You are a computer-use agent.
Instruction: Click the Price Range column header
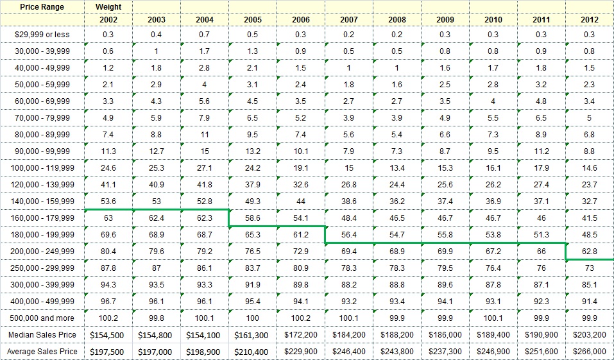tap(42, 7)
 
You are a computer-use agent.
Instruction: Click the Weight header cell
tap(108, 7)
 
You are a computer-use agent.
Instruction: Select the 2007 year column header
tap(349, 20)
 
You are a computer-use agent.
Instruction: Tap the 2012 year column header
tap(589, 20)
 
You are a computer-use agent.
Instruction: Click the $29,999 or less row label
tap(42, 35)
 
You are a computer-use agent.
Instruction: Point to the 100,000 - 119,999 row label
tap(42, 168)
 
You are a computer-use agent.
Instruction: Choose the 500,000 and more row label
tap(42, 318)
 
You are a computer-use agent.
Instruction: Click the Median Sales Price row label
tap(42, 335)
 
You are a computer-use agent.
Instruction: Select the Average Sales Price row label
tap(42, 352)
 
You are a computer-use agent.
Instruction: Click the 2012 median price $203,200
tap(589, 335)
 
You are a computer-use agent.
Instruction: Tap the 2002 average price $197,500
tap(108, 352)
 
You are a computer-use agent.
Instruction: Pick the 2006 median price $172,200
tap(301, 335)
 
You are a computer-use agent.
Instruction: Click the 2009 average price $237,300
tap(445, 352)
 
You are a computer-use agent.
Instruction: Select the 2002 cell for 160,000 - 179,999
tap(108, 218)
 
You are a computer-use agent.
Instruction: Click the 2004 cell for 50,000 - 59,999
tap(205, 85)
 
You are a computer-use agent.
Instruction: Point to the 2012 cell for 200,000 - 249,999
tap(589, 252)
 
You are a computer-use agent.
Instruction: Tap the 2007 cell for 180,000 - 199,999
tap(349, 235)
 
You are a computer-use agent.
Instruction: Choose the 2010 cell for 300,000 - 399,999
tap(493, 285)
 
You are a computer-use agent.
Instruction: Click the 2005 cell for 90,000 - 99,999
tap(253, 151)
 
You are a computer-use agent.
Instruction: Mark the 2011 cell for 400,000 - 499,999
tap(542, 302)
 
